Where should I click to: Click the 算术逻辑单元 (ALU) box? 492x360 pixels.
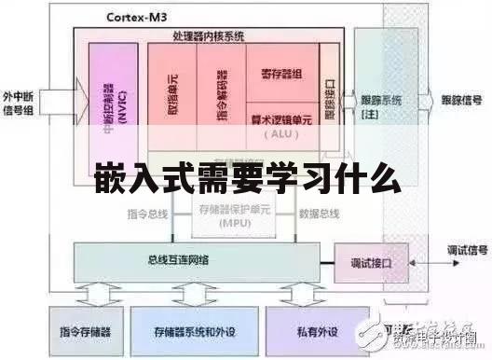[x=280, y=126]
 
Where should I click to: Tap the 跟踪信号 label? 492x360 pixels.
[x=460, y=97]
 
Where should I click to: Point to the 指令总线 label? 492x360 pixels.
[x=148, y=213]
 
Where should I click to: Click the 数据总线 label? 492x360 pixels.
[x=319, y=213]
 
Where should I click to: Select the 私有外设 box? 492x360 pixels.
[x=312, y=331]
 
